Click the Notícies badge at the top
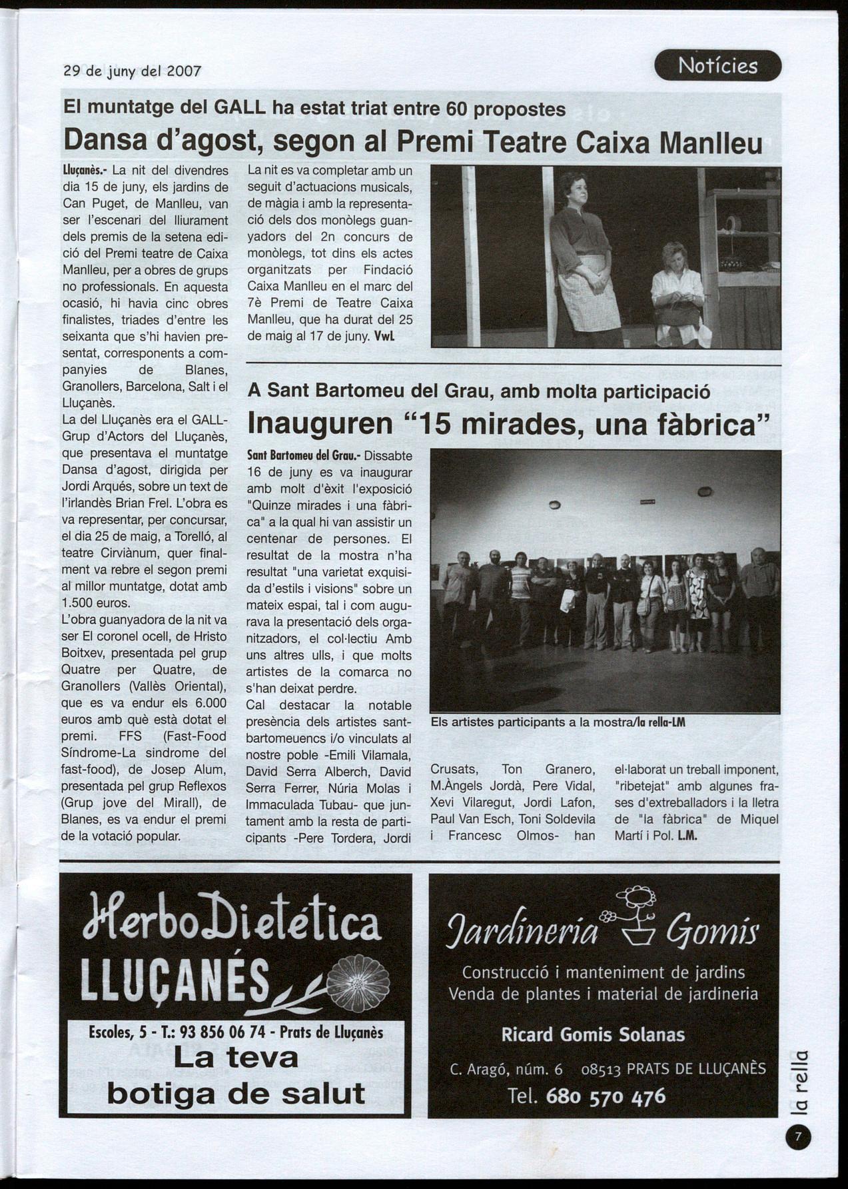[x=717, y=65]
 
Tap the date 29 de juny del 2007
[x=132, y=71]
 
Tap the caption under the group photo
[x=558, y=722]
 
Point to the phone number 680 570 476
[x=605, y=1096]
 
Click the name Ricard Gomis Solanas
[x=593, y=1035]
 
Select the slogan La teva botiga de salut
[x=236, y=1075]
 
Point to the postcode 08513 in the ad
[x=601, y=1070]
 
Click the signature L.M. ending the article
[x=687, y=836]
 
